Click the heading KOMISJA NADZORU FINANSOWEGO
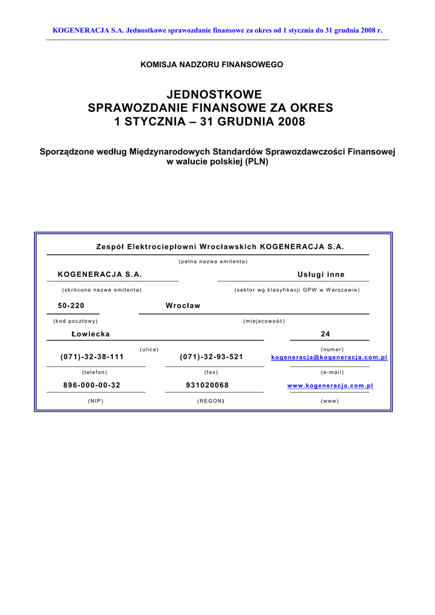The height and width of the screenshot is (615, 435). coord(211,64)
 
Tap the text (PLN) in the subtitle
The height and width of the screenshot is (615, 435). coord(257,162)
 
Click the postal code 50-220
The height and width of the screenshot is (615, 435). coord(75,306)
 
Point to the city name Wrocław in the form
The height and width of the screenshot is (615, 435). coord(183,306)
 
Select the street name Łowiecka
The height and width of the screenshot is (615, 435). coord(91,334)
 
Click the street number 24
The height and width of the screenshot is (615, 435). coord(326,334)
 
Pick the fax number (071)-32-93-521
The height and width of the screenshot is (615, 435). coord(211,357)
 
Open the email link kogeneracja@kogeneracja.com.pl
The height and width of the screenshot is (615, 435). coord(329,357)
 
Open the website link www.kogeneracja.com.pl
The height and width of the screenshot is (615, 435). coord(330,386)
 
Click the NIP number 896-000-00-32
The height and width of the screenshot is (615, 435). coord(92,386)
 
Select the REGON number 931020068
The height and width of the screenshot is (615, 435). coord(207,386)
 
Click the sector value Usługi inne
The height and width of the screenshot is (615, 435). coord(321,274)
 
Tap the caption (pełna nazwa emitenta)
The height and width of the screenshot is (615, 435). coord(213,261)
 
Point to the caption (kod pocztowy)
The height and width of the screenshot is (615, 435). coord(76,321)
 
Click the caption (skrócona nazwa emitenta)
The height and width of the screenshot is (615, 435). coord(102,290)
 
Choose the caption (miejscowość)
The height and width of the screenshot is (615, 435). coord(264,321)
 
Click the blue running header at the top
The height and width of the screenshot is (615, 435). coord(218,29)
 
